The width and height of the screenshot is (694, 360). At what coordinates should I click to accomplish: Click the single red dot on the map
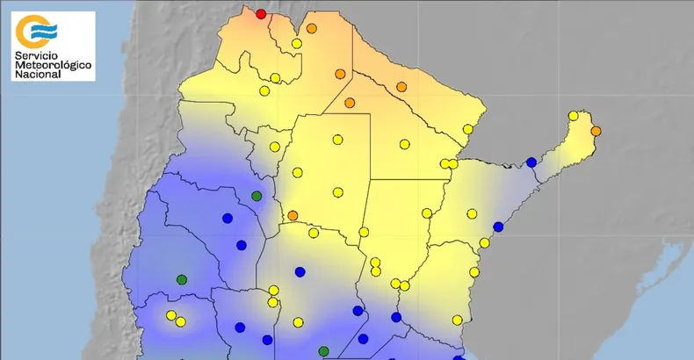(261, 13)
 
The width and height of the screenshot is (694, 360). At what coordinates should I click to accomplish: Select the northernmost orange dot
(311, 28)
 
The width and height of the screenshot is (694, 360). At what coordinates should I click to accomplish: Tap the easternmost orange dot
(596, 131)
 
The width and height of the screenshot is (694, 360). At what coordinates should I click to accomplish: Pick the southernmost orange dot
(293, 215)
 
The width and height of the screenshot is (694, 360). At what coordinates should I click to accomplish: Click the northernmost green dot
(257, 196)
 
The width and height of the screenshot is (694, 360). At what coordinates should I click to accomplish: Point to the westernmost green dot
(182, 279)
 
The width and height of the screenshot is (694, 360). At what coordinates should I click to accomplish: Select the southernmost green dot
(323, 351)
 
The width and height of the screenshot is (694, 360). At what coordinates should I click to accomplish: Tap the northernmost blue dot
(531, 162)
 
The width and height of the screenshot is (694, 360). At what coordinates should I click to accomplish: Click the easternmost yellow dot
(573, 116)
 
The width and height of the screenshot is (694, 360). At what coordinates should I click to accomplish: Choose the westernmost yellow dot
(170, 315)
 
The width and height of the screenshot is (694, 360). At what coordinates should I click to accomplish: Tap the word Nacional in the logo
(37, 76)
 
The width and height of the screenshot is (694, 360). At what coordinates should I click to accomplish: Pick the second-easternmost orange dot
(401, 86)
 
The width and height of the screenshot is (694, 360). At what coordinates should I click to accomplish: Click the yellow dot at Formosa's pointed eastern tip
(468, 129)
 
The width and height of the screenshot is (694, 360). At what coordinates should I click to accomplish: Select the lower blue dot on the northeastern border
(498, 227)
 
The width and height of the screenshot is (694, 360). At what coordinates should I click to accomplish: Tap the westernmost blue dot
(227, 219)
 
